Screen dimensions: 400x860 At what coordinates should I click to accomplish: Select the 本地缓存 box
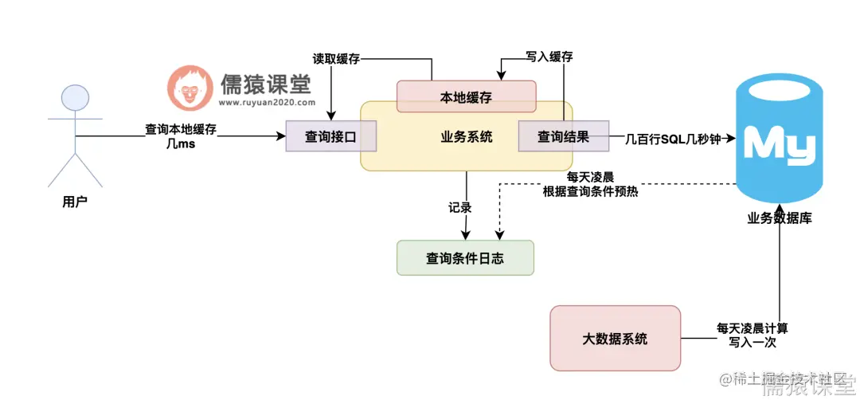point(466,97)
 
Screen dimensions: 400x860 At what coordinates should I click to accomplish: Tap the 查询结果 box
point(563,136)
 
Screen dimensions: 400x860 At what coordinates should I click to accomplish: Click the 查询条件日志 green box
point(465,258)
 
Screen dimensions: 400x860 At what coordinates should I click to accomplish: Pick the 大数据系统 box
point(615,339)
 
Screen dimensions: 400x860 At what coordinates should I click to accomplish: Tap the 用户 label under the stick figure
point(74,202)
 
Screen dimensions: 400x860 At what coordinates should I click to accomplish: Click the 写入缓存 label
point(549,57)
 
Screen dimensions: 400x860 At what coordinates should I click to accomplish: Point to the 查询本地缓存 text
point(181,128)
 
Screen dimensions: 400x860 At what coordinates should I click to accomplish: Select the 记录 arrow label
point(460,207)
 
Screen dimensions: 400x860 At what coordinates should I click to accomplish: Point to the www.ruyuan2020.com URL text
point(265,102)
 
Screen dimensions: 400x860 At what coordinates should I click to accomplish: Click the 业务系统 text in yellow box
point(466,137)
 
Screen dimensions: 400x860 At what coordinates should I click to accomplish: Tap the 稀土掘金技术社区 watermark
point(781,376)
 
